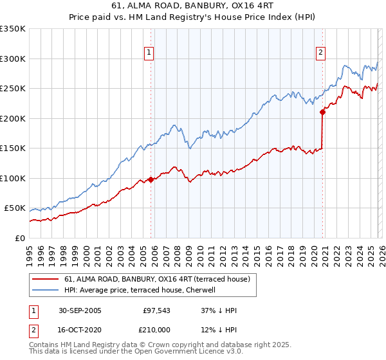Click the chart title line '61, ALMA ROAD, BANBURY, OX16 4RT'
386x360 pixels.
192,7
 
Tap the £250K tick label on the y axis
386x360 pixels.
13,89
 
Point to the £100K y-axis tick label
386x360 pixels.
13,178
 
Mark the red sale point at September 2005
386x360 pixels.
151,180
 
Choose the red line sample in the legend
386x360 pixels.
45,279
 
